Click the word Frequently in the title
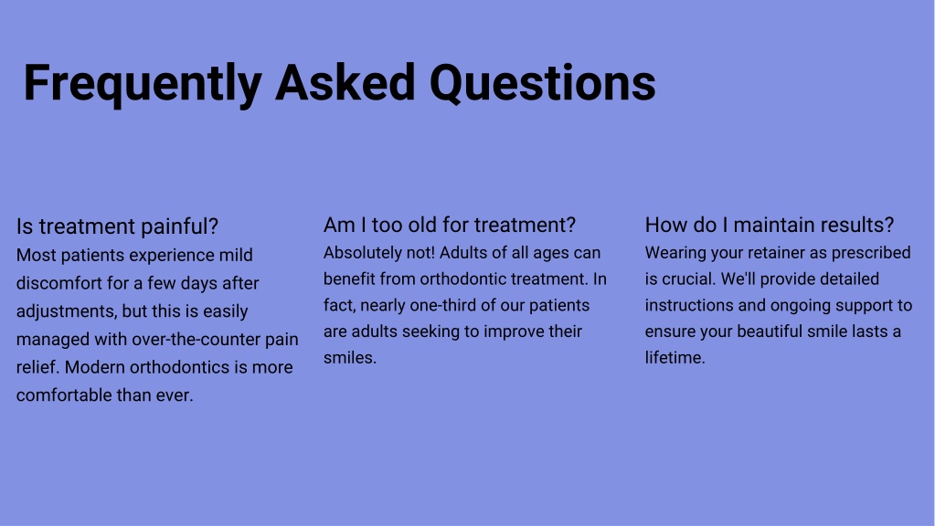143,84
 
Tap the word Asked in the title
345,82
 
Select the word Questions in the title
543,83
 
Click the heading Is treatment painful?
118,227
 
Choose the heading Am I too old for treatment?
450,226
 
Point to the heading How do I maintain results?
770,226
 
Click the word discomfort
59,283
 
